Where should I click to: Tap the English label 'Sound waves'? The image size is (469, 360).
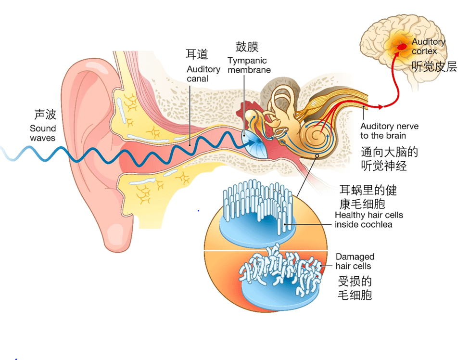(x=43, y=133)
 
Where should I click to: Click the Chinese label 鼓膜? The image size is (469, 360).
(x=247, y=47)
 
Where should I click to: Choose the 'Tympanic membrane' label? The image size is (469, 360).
(x=249, y=65)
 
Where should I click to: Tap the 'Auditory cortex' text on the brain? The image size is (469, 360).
(x=428, y=46)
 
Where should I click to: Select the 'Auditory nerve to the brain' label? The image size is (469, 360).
(x=389, y=131)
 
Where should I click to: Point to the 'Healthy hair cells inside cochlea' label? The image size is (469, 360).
(x=368, y=220)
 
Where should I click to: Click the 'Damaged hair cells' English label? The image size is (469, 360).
(x=355, y=261)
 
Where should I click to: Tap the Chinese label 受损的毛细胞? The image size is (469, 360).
(x=355, y=288)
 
